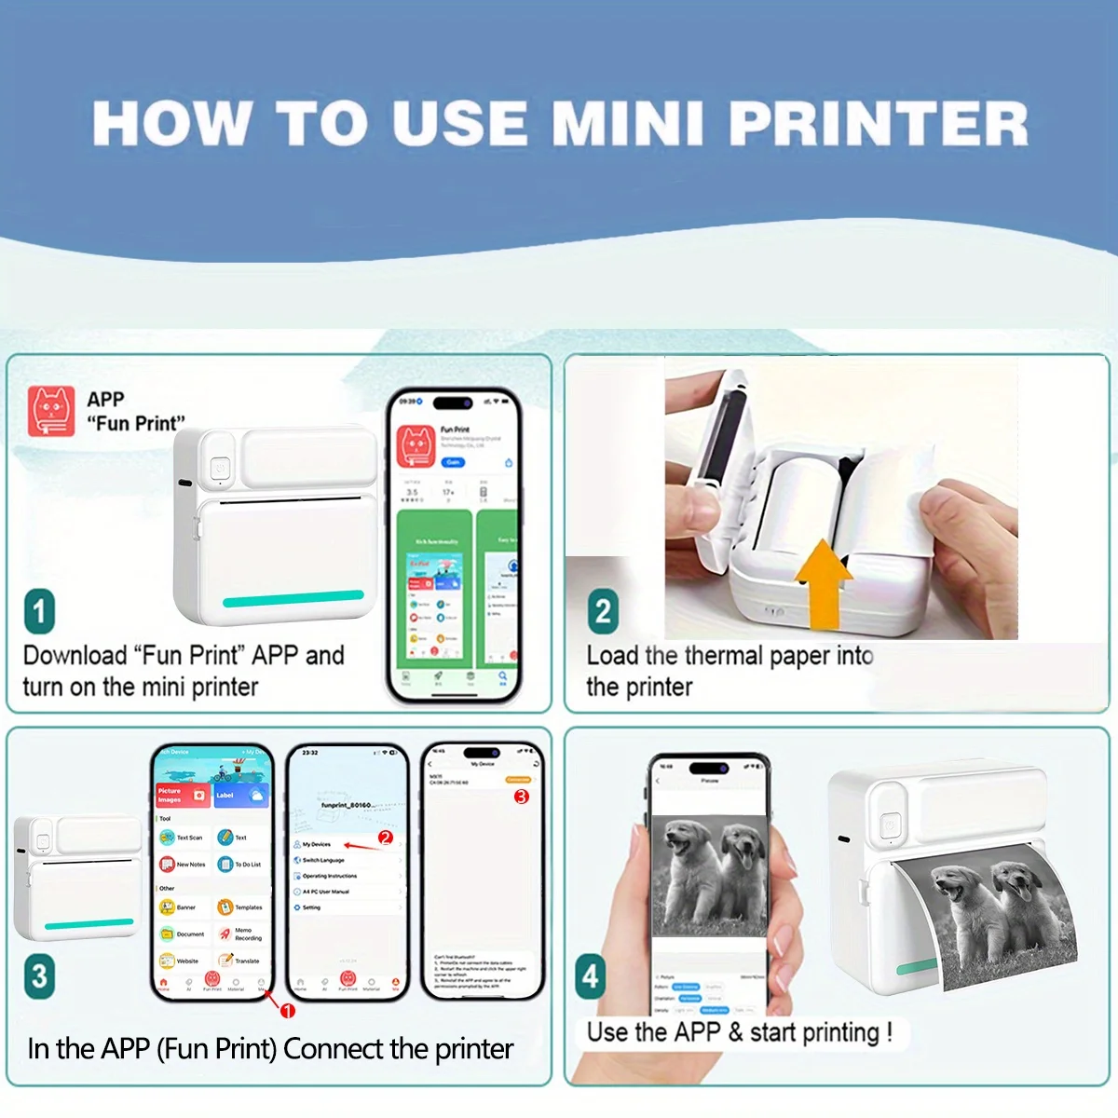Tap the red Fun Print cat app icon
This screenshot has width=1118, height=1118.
click(x=51, y=411)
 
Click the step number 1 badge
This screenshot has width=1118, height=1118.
click(x=39, y=611)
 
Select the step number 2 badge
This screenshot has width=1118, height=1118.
click(x=603, y=611)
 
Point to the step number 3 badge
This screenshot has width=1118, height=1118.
click(x=39, y=975)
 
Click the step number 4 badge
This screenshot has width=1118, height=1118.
click(x=591, y=975)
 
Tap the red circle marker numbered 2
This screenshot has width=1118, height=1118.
click(x=386, y=838)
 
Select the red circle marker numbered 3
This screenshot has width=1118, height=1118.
click(x=521, y=797)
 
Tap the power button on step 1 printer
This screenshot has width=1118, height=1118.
click(x=220, y=469)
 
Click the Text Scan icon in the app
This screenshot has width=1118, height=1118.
click(x=168, y=838)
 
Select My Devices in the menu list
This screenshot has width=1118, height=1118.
click(x=316, y=844)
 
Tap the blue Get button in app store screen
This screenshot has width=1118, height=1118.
click(x=453, y=462)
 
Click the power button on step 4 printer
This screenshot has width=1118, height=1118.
click(x=890, y=825)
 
